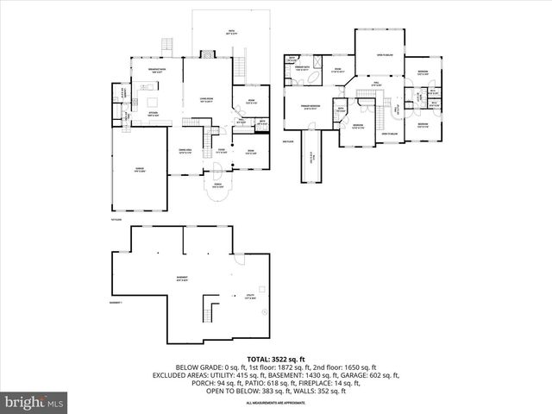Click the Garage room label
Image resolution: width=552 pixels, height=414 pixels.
pos(139,169)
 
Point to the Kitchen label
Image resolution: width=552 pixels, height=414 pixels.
pos(152,113)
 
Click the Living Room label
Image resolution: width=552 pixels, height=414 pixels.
pos(206,100)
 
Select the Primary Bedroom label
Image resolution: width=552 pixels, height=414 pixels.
pos(310,108)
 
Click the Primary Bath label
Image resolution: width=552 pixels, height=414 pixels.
pos(302,67)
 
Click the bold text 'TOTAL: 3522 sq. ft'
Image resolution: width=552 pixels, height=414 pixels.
pos(275,357)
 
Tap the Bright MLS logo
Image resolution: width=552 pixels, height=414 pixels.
pos(34,401)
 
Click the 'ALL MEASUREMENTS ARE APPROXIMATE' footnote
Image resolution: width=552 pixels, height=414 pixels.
pos(275,403)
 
